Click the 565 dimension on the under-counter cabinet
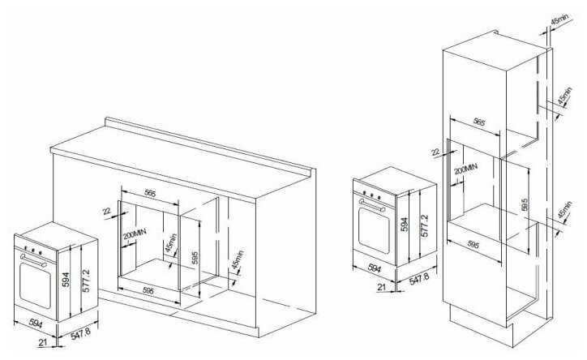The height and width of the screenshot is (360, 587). (x=150, y=193)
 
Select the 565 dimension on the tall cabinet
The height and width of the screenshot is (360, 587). (x=478, y=122)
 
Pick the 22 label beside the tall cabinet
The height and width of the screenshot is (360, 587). (x=435, y=152)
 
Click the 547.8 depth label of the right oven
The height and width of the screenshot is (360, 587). (x=419, y=277)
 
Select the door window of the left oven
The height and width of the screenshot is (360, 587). (x=33, y=284)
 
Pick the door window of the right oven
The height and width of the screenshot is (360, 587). (x=374, y=229)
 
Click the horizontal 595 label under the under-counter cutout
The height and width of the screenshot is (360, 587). (x=148, y=290)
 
